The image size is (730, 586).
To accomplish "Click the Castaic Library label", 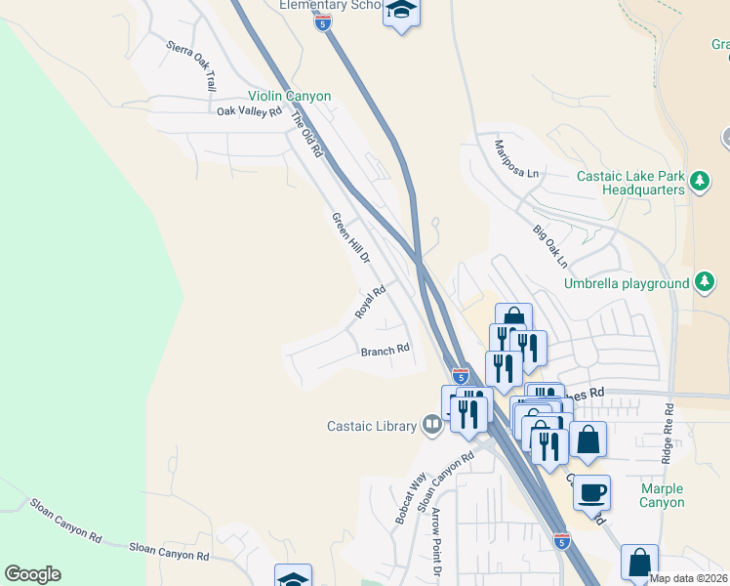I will [372, 425].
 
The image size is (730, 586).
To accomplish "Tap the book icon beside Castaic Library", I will [431, 424].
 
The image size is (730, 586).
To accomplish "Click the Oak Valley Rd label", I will [249, 111].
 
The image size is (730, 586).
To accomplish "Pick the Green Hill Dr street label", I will [351, 238].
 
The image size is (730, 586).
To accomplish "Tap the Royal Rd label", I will [371, 302].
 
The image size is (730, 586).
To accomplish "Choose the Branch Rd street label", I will [385, 351].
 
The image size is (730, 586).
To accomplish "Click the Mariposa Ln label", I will [516, 157].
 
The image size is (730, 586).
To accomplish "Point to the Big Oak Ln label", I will [549, 246].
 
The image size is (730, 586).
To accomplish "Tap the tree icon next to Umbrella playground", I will [705, 283].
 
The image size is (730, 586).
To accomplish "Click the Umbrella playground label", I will [627, 284].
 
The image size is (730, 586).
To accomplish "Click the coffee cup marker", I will [591, 491].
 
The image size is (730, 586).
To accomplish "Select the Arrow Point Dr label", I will [436, 542].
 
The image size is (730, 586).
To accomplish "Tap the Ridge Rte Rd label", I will [668, 435].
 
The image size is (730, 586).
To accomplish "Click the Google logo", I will [32, 574].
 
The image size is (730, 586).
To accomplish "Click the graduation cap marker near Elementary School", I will [400, 12].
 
